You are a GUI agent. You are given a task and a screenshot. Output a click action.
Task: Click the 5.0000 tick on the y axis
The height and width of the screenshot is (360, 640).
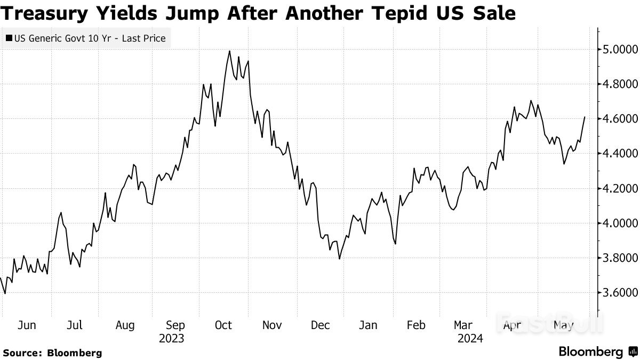pyautogui.click(x=621, y=50)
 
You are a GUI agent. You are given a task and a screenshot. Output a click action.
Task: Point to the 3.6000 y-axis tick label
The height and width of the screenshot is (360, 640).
pyautogui.click(x=621, y=293)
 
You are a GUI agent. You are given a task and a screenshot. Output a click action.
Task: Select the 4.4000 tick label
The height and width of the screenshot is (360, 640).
pyautogui.click(x=621, y=154)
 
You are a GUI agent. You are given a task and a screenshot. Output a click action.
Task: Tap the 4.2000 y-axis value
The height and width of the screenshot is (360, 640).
pyautogui.click(x=621, y=188)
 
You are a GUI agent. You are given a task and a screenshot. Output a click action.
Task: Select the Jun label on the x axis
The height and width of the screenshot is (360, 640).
pyautogui.click(x=26, y=325)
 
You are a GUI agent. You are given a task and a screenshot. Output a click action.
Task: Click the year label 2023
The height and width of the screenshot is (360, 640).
pyautogui.click(x=172, y=339)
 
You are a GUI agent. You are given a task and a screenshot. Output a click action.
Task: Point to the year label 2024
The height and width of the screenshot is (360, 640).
pyautogui.click(x=470, y=339)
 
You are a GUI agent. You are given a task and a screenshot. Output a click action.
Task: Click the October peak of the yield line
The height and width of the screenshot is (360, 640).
pyautogui.click(x=229, y=51)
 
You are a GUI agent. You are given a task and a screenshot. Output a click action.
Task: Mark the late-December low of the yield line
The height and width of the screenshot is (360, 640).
pyautogui.click(x=339, y=259)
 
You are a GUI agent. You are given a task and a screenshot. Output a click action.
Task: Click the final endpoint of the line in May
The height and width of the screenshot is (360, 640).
pyautogui.click(x=585, y=117)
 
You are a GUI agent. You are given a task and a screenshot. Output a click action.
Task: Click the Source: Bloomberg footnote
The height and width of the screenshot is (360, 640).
pyautogui.click(x=52, y=353)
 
